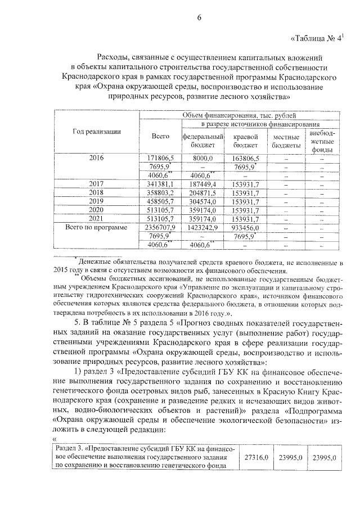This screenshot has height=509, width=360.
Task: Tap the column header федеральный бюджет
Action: click(203, 140)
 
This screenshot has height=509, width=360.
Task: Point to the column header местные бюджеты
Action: click(286, 140)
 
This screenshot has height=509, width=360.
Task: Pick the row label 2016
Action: click(97, 158)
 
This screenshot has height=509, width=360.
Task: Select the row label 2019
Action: click(97, 201)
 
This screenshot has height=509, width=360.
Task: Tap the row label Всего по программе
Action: click(97, 227)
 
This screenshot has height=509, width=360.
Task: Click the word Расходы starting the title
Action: click(112, 57)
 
